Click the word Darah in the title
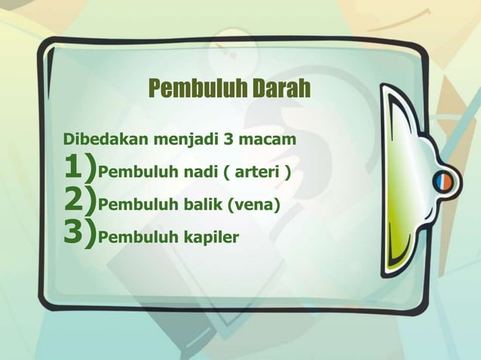click(280, 89)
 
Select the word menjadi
click(184, 140)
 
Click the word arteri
click(254, 175)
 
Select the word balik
click(199, 204)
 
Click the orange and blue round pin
click(442, 180)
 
